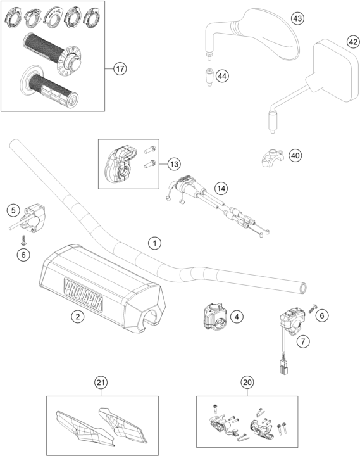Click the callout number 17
pyautogui.click(x=120, y=69)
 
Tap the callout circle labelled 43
pyautogui.click(x=297, y=18)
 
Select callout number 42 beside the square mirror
pyautogui.click(x=353, y=42)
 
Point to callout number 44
pyautogui.click(x=222, y=76)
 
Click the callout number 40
pyautogui.click(x=295, y=156)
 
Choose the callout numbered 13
pyautogui.click(x=174, y=164)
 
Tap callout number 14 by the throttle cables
pyautogui.click(x=221, y=189)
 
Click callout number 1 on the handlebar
pyautogui.click(x=154, y=243)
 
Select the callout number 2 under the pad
pyautogui.click(x=78, y=316)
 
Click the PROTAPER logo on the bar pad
pyautogui.click(x=84, y=294)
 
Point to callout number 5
pyautogui.click(x=13, y=210)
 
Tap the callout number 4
pyautogui.click(x=237, y=317)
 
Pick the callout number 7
pyautogui.click(x=303, y=341)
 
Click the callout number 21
pyautogui.click(x=101, y=383)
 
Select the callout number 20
pyautogui.click(x=247, y=382)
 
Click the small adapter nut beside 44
pyautogui.click(x=209, y=77)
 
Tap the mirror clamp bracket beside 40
pyautogui.click(x=273, y=158)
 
